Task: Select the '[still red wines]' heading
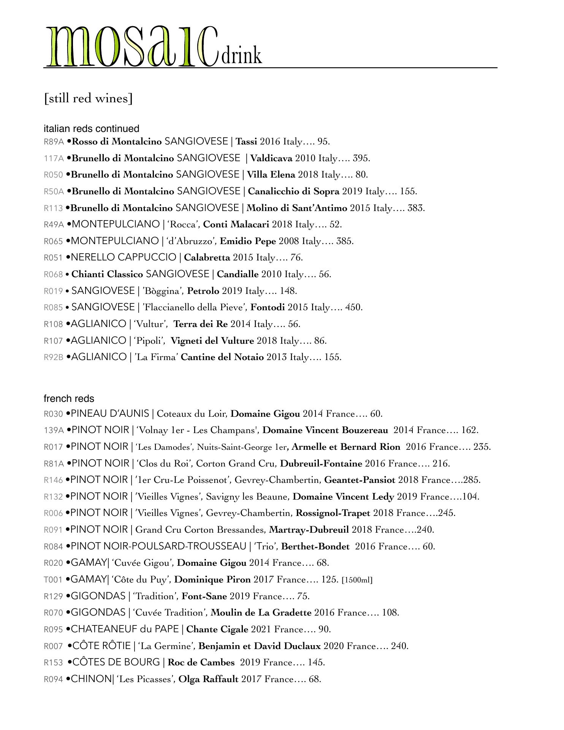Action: point(88,98)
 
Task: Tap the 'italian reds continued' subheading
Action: point(91,129)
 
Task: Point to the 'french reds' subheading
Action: point(69,398)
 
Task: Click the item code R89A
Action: point(54,142)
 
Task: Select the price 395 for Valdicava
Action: point(361,158)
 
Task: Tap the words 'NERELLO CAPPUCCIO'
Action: point(124,258)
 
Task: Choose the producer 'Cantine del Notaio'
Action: point(222,357)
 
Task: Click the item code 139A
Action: point(54,430)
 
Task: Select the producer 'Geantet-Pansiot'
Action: point(360,480)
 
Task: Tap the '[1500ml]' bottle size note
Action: point(357,580)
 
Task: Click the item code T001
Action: point(53,580)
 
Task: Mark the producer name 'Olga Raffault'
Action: point(208,679)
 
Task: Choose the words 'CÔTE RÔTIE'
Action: point(101,646)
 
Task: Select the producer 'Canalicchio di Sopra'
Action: point(293,191)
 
